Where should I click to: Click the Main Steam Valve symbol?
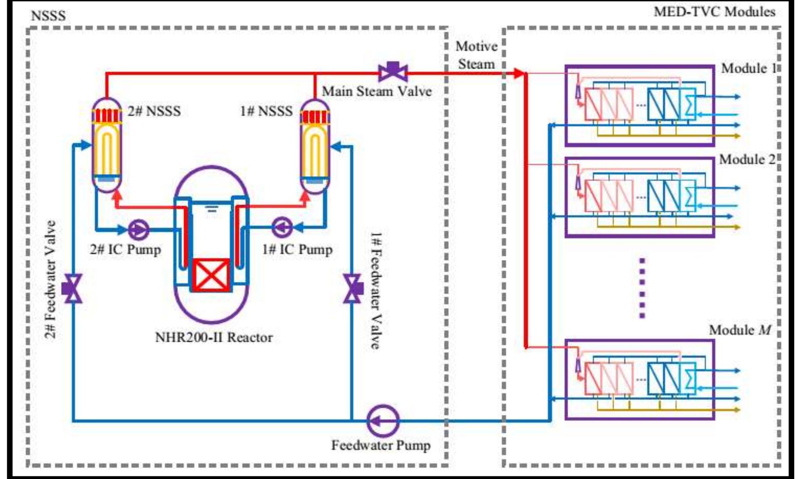pos(393,71)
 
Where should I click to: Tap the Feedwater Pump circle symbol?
pos(383,420)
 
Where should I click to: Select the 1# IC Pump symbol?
pos(282,227)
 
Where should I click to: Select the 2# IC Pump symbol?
pos(139,230)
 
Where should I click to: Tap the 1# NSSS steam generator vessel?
pos(315,145)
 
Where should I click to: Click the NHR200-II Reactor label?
pos(214,337)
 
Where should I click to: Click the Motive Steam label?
pos(476,55)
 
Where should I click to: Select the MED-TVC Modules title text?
pos(714,12)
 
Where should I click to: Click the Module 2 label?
pos(747,160)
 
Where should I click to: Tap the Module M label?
pos(740,330)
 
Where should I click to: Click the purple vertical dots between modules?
pos(642,288)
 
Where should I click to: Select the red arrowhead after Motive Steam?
pos(518,73)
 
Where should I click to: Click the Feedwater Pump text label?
pos(381,445)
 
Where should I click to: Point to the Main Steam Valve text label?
pos(377,92)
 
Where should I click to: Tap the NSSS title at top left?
pos(48,16)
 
